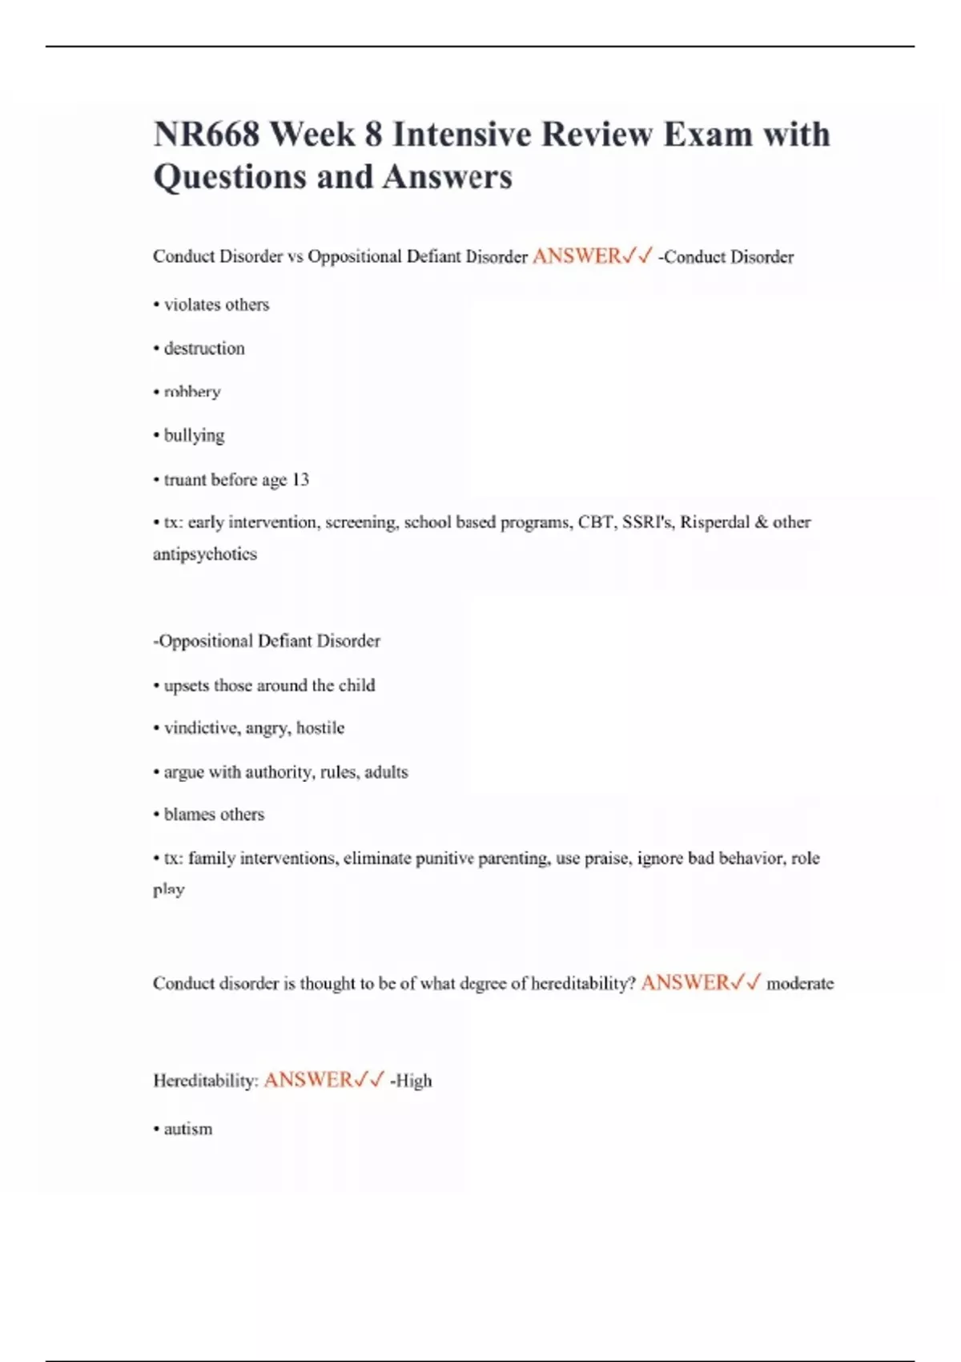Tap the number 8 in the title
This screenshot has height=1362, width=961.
373,134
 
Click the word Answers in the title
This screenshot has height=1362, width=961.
447,177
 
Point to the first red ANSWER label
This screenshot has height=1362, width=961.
577,256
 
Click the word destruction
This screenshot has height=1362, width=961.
204,349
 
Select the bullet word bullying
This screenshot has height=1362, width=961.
194,436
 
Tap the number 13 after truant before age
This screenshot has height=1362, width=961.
300,480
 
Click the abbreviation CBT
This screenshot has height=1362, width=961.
596,522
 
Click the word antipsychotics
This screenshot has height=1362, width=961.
205,554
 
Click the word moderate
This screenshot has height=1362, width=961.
800,983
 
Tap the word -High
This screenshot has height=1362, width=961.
411,1081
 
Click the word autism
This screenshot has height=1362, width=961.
188,1129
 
